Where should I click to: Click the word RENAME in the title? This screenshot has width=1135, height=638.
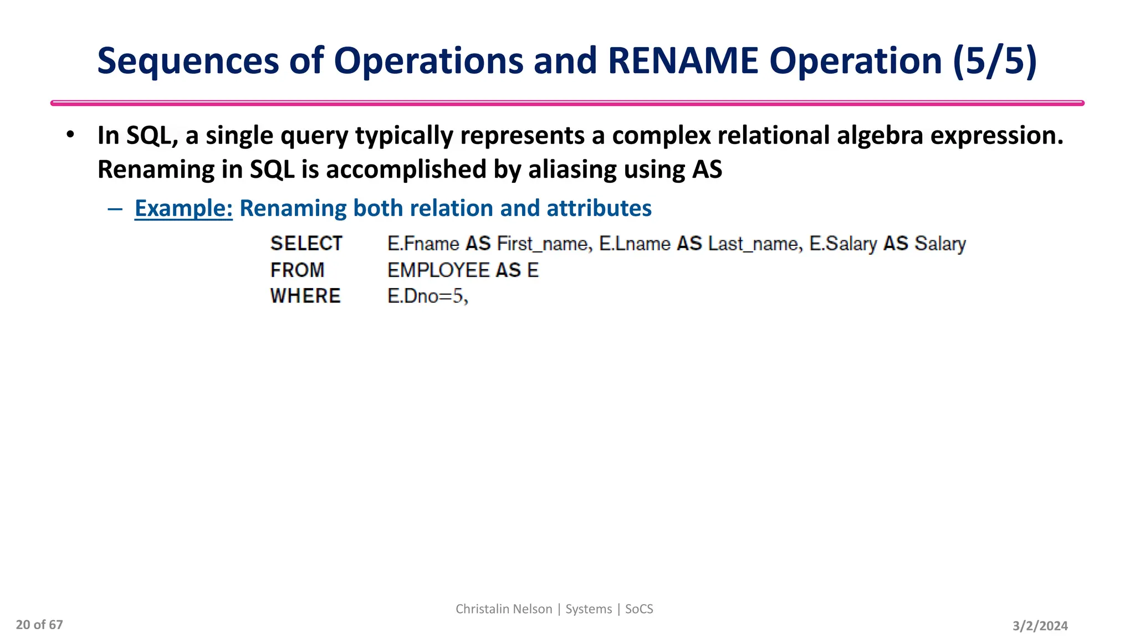(x=683, y=61)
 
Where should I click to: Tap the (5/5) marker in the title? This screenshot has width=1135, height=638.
(x=995, y=61)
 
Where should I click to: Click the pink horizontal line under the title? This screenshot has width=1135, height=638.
(x=567, y=103)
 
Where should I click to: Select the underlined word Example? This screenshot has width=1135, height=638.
(x=183, y=208)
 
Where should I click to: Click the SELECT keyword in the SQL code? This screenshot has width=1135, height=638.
(x=306, y=244)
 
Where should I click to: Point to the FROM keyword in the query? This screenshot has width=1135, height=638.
(x=298, y=270)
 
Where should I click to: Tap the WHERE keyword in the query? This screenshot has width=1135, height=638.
(x=305, y=296)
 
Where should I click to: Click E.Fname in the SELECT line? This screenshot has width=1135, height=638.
(x=423, y=244)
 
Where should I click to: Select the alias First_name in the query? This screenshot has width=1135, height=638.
(x=543, y=244)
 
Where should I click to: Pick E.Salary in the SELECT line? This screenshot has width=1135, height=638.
(x=843, y=244)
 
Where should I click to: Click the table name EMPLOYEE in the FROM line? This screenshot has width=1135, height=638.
(x=438, y=270)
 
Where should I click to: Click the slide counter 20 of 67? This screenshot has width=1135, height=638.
(x=39, y=625)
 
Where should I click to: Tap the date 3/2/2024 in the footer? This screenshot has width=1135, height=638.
(x=1040, y=626)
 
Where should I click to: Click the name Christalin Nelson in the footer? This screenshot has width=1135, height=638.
(x=504, y=609)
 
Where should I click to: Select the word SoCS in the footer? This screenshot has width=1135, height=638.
(x=639, y=609)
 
